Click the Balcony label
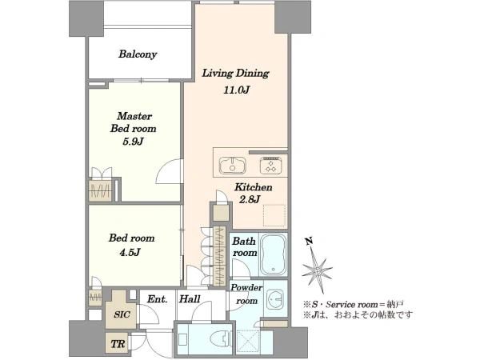tap(138, 54)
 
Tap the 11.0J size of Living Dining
tap(237, 90)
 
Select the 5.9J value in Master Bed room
tap(133, 142)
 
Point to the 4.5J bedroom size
tap(130, 252)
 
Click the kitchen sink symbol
tap(233, 166)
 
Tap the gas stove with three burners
tap(270, 166)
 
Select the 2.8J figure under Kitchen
tap(249, 199)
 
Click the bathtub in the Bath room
tap(273, 255)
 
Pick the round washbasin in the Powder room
tap(275, 299)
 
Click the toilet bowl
tap(221, 339)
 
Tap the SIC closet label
tap(122, 314)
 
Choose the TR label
tap(118, 344)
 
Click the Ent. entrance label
tap(157, 298)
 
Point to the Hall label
tap(190, 298)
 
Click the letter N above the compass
tap(309, 242)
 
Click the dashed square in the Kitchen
tap(274, 215)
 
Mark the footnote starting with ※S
tap(354, 305)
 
